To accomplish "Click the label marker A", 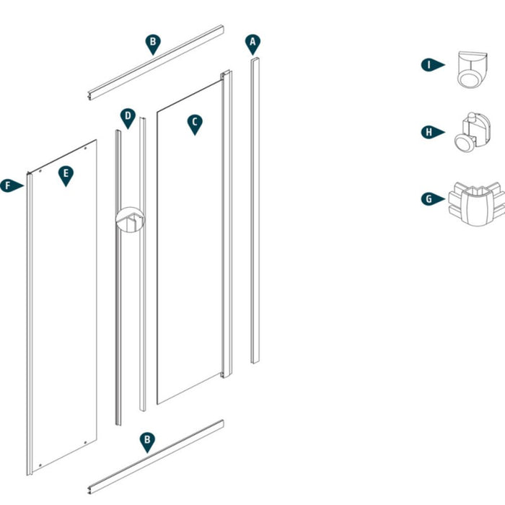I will tap(252, 43).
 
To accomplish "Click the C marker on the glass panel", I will tap(194, 123).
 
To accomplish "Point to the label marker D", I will tap(127, 117).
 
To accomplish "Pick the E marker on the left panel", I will tap(66, 175).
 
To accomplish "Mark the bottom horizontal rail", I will tap(156, 459).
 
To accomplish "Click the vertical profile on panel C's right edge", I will tap(227, 224).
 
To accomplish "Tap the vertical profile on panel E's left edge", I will tap(29, 325).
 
